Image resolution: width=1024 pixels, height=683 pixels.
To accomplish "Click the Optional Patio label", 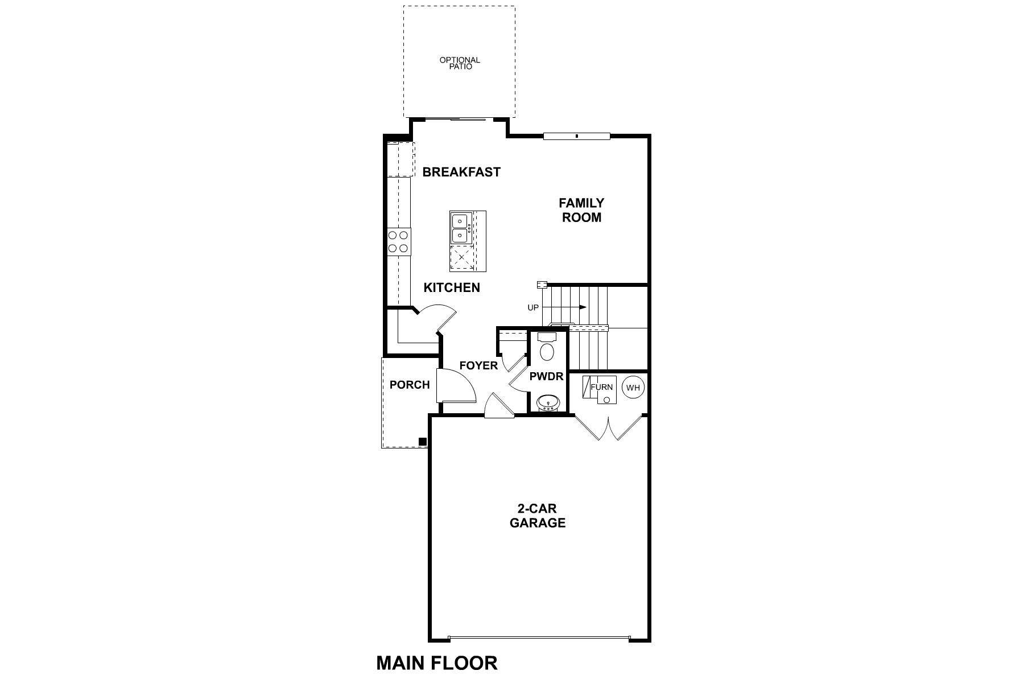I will pyautogui.click(x=460, y=63).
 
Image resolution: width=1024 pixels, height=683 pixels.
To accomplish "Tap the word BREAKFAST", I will pyautogui.click(x=461, y=172).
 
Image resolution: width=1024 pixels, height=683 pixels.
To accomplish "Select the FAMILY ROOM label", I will pyautogui.click(x=581, y=210).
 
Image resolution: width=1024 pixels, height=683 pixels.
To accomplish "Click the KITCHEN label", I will pyautogui.click(x=452, y=288).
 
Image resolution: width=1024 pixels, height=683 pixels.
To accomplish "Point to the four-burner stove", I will pyautogui.click(x=398, y=241).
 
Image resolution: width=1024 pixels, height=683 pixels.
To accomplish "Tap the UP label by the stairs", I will pyautogui.click(x=533, y=308).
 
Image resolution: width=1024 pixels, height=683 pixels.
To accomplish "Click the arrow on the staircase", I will pyautogui.click(x=581, y=307).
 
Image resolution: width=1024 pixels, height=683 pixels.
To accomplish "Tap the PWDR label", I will pyautogui.click(x=546, y=376).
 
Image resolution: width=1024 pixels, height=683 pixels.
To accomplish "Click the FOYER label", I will pyautogui.click(x=478, y=365).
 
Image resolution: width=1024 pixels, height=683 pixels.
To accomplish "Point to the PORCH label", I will pyautogui.click(x=410, y=385).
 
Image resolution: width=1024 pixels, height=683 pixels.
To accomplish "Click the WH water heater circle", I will pyautogui.click(x=633, y=388).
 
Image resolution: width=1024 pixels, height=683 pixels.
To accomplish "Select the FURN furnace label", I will pyautogui.click(x=601, y=387).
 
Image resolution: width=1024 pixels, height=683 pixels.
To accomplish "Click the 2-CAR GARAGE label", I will pyautogui.click(x=538, y=516).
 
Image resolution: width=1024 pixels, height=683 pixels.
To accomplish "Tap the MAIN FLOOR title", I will pyautogui.click(x=437, y=663).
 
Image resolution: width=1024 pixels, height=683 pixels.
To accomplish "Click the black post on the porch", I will pyautogui.click(x=423, y=442).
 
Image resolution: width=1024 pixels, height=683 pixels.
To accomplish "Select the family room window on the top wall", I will pyautogui.click(x=576, y=136).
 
